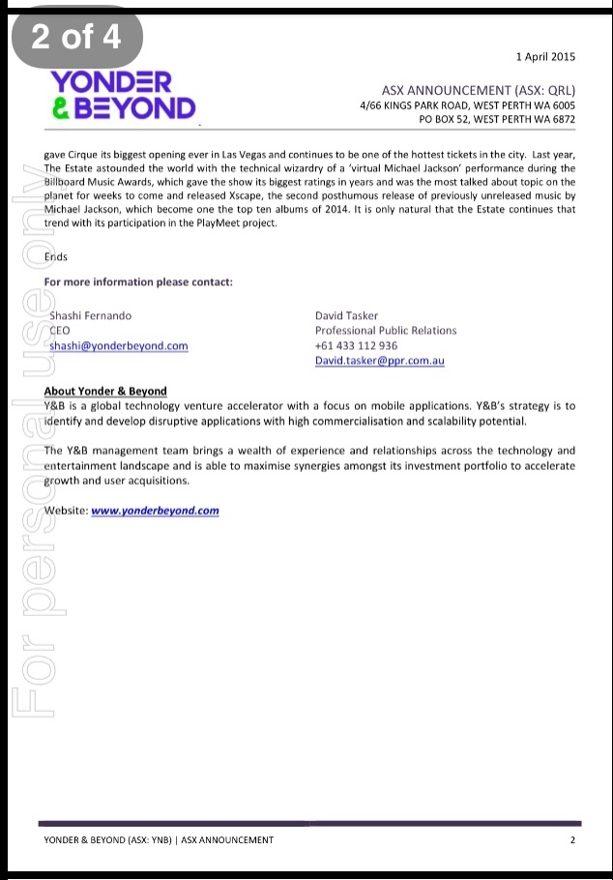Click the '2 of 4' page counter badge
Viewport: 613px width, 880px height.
point(77,37)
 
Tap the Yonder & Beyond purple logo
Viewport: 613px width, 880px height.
point(123,94)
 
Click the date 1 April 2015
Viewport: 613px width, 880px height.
point(545,57)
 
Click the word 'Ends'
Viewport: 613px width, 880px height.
point(57,257)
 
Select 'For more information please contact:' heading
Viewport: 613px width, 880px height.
point(138,282)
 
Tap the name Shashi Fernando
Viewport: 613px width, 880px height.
point(91,315)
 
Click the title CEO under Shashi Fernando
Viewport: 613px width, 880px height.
point(59,331)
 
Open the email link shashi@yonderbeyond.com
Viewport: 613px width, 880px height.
point(119,346)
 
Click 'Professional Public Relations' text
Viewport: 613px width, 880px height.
point(386,331)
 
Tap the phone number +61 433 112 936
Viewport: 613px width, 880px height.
point(356,346)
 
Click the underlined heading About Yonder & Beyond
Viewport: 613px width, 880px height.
point(105,392)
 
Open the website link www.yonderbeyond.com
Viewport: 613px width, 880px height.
point(155,511)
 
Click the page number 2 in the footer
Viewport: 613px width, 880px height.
point(572,840)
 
